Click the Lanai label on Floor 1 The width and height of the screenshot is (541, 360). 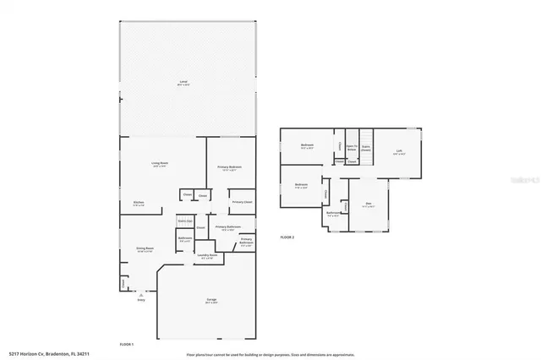pyautogui.click(x=183, y=81)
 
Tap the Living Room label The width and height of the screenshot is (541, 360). pyautogui.click(x=160, y=165)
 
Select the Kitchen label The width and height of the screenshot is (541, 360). pyautogui.click(x=139, y=202)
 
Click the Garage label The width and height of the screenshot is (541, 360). pyautogui.click(x=206, y=302)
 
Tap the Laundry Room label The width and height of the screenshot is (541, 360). pyautogui.click(x=208, y=255)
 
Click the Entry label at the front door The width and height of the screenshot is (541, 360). pyautogui.click(x=141, y=299)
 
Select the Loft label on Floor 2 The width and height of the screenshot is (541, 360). pyautogui.click(x=399, y=151)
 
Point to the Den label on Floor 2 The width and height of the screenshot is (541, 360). pyautogui.click(x=369, y=204)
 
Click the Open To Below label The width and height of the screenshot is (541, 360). pyautogui.click(x=350, y=146)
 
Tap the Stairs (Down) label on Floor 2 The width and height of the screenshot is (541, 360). pyautogui.click(x=366, y=146)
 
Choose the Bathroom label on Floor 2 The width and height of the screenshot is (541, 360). pyautogui.click(x=333, y=213)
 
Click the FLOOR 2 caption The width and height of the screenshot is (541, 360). pyautogui.click(x=287, y=237)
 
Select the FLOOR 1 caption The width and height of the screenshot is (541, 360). pyautogui.click(x=127, y=344)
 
